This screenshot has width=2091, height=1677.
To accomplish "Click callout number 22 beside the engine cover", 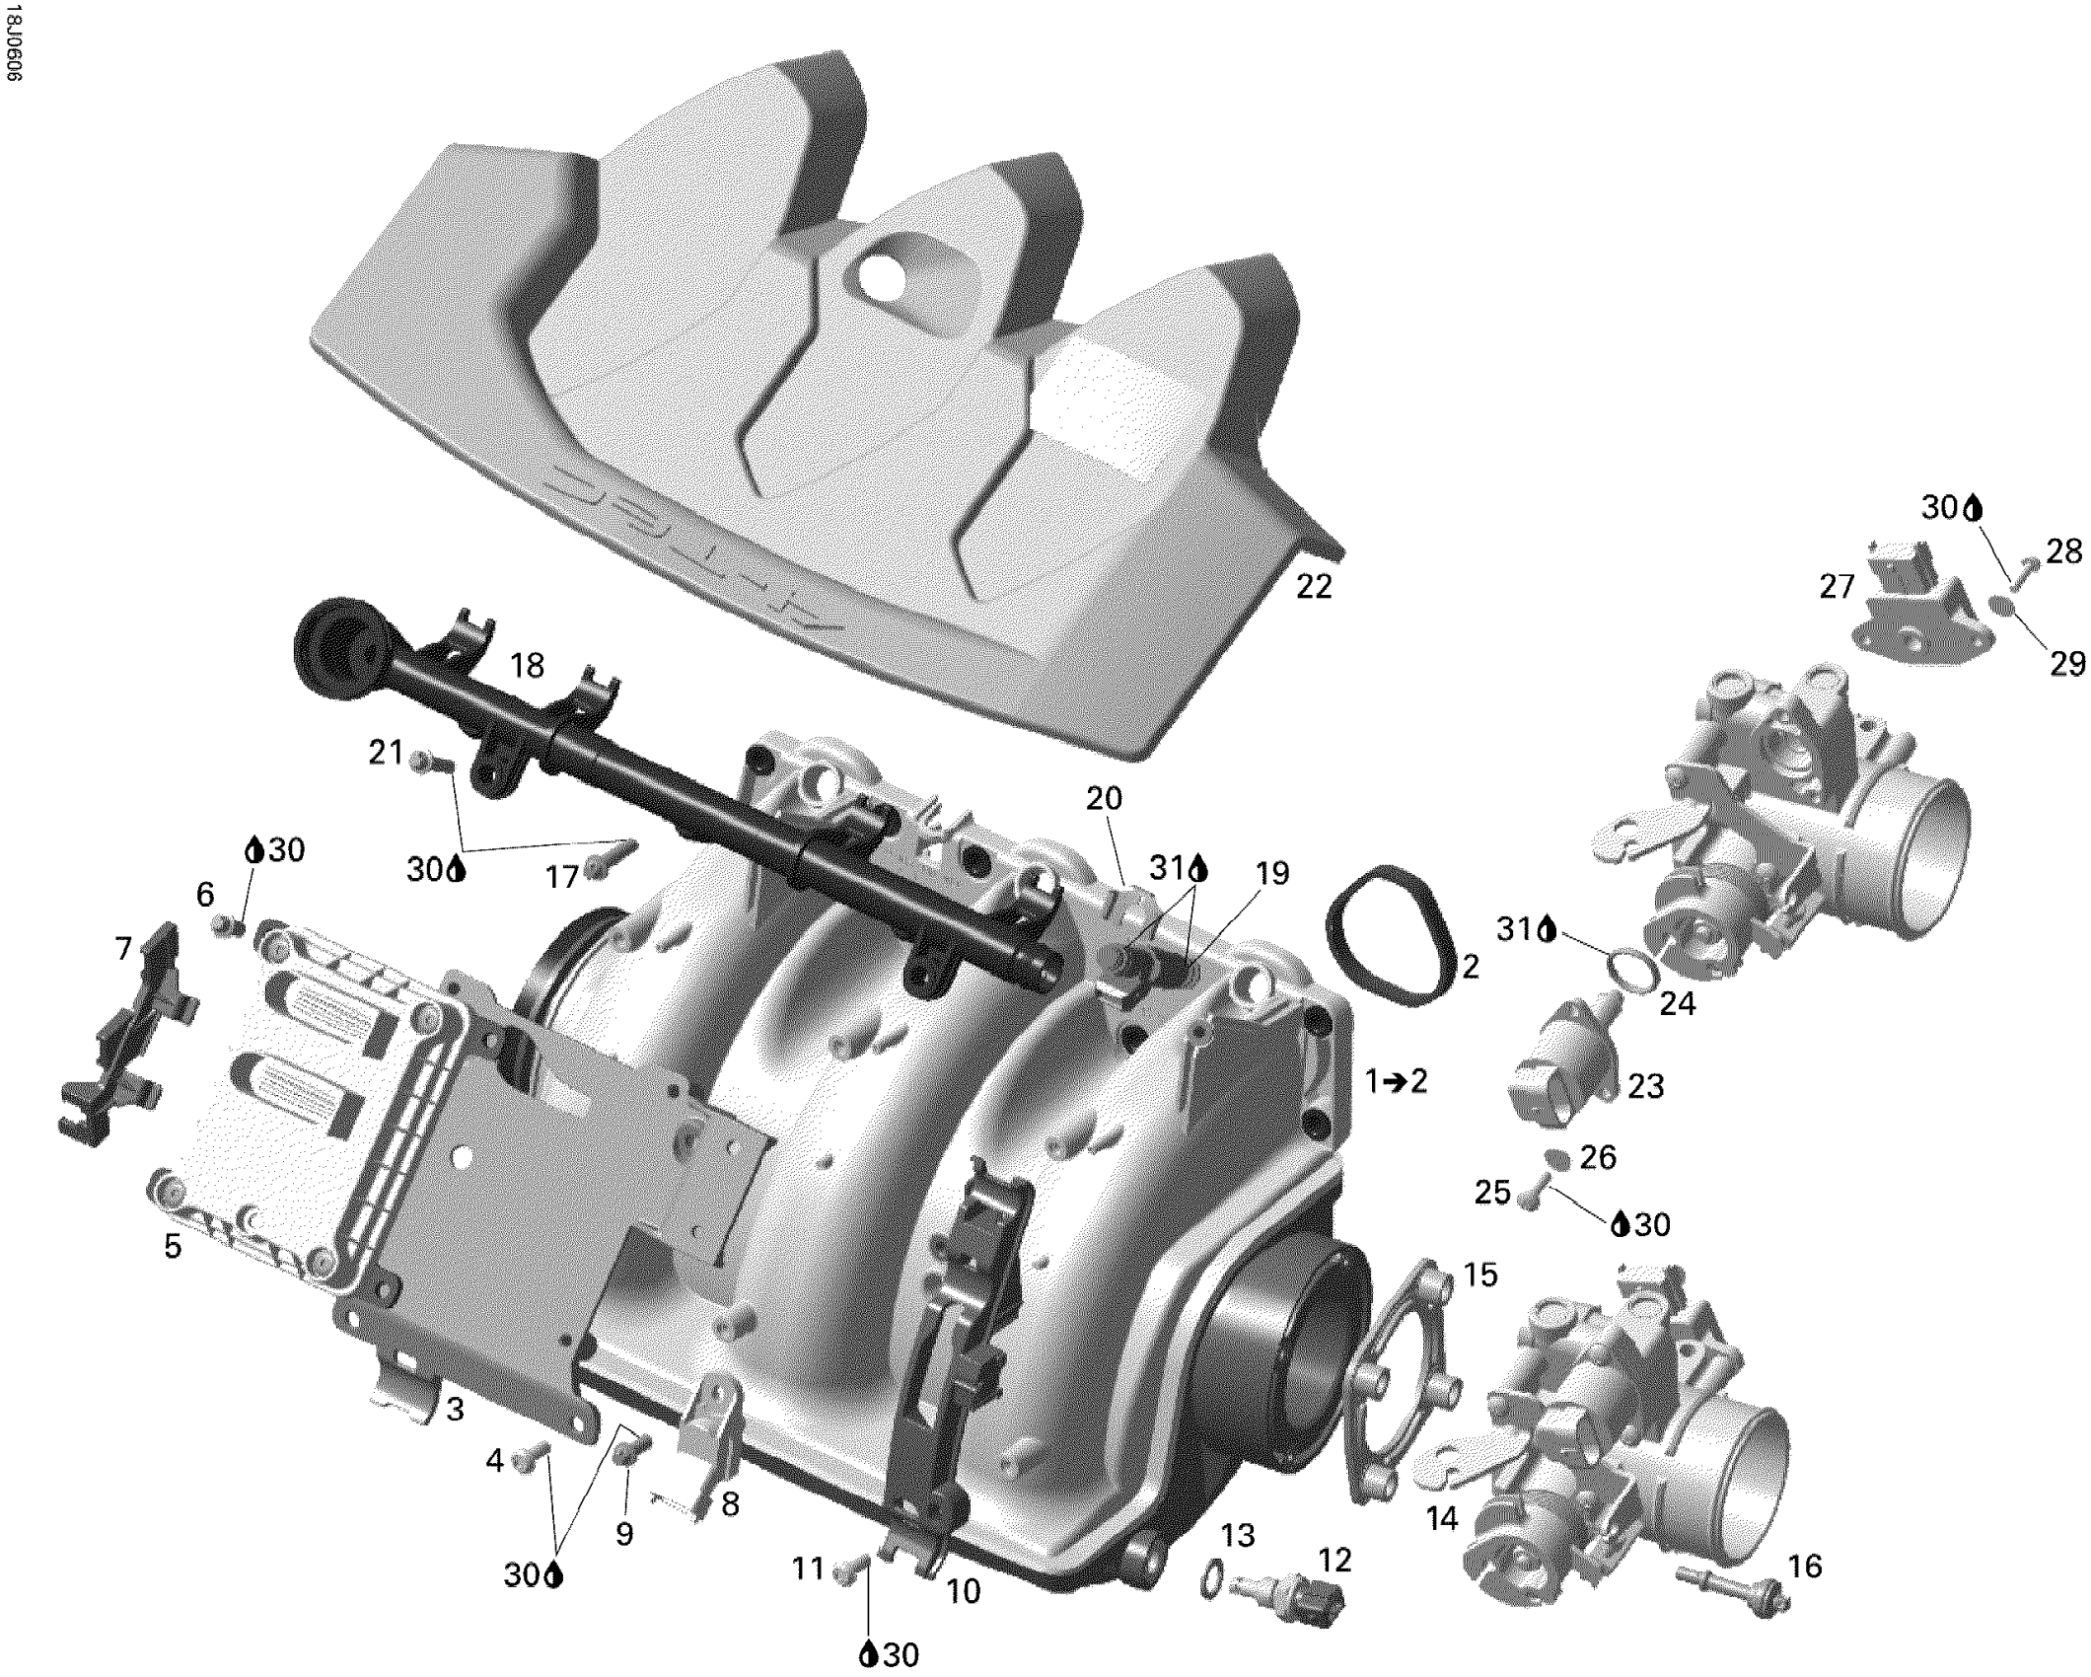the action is coord(1314,587).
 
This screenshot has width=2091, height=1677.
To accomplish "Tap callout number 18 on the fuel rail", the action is coord(528,666).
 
